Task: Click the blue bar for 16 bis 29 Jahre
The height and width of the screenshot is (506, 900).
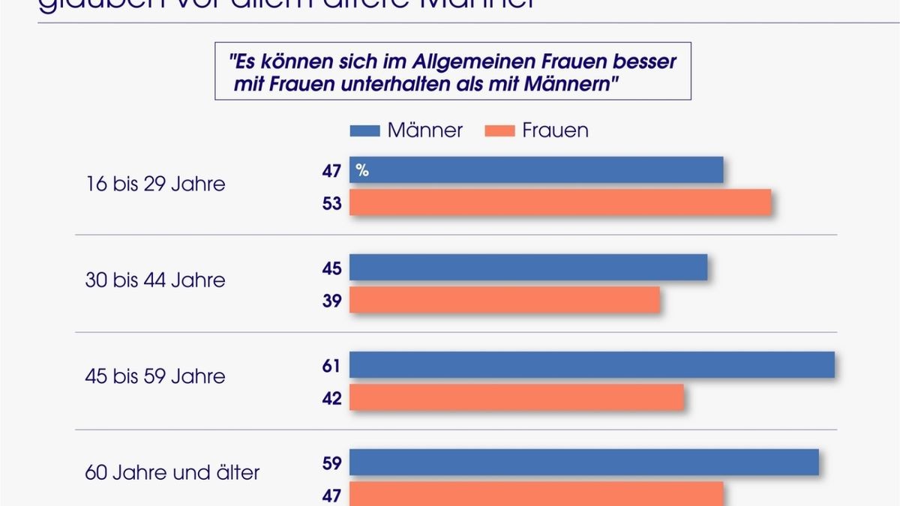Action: (536, 170)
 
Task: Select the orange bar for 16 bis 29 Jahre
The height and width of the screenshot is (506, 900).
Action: (560, 203)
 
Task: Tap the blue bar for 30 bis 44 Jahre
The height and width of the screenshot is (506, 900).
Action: (528, 268)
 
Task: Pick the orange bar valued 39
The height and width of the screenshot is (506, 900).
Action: (504, 301)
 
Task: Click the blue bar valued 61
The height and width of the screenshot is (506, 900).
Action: (592, 365)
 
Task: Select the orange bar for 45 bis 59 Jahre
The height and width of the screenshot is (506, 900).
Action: (517, 398)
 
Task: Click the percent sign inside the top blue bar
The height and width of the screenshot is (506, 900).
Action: (362, 171)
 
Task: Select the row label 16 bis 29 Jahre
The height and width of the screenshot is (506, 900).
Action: (155, 184)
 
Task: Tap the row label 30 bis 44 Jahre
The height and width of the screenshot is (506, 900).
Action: (155, 281)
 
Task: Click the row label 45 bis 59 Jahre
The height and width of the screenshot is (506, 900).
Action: (155, 376)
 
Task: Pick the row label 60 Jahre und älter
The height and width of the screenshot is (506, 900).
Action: (172, 473)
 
